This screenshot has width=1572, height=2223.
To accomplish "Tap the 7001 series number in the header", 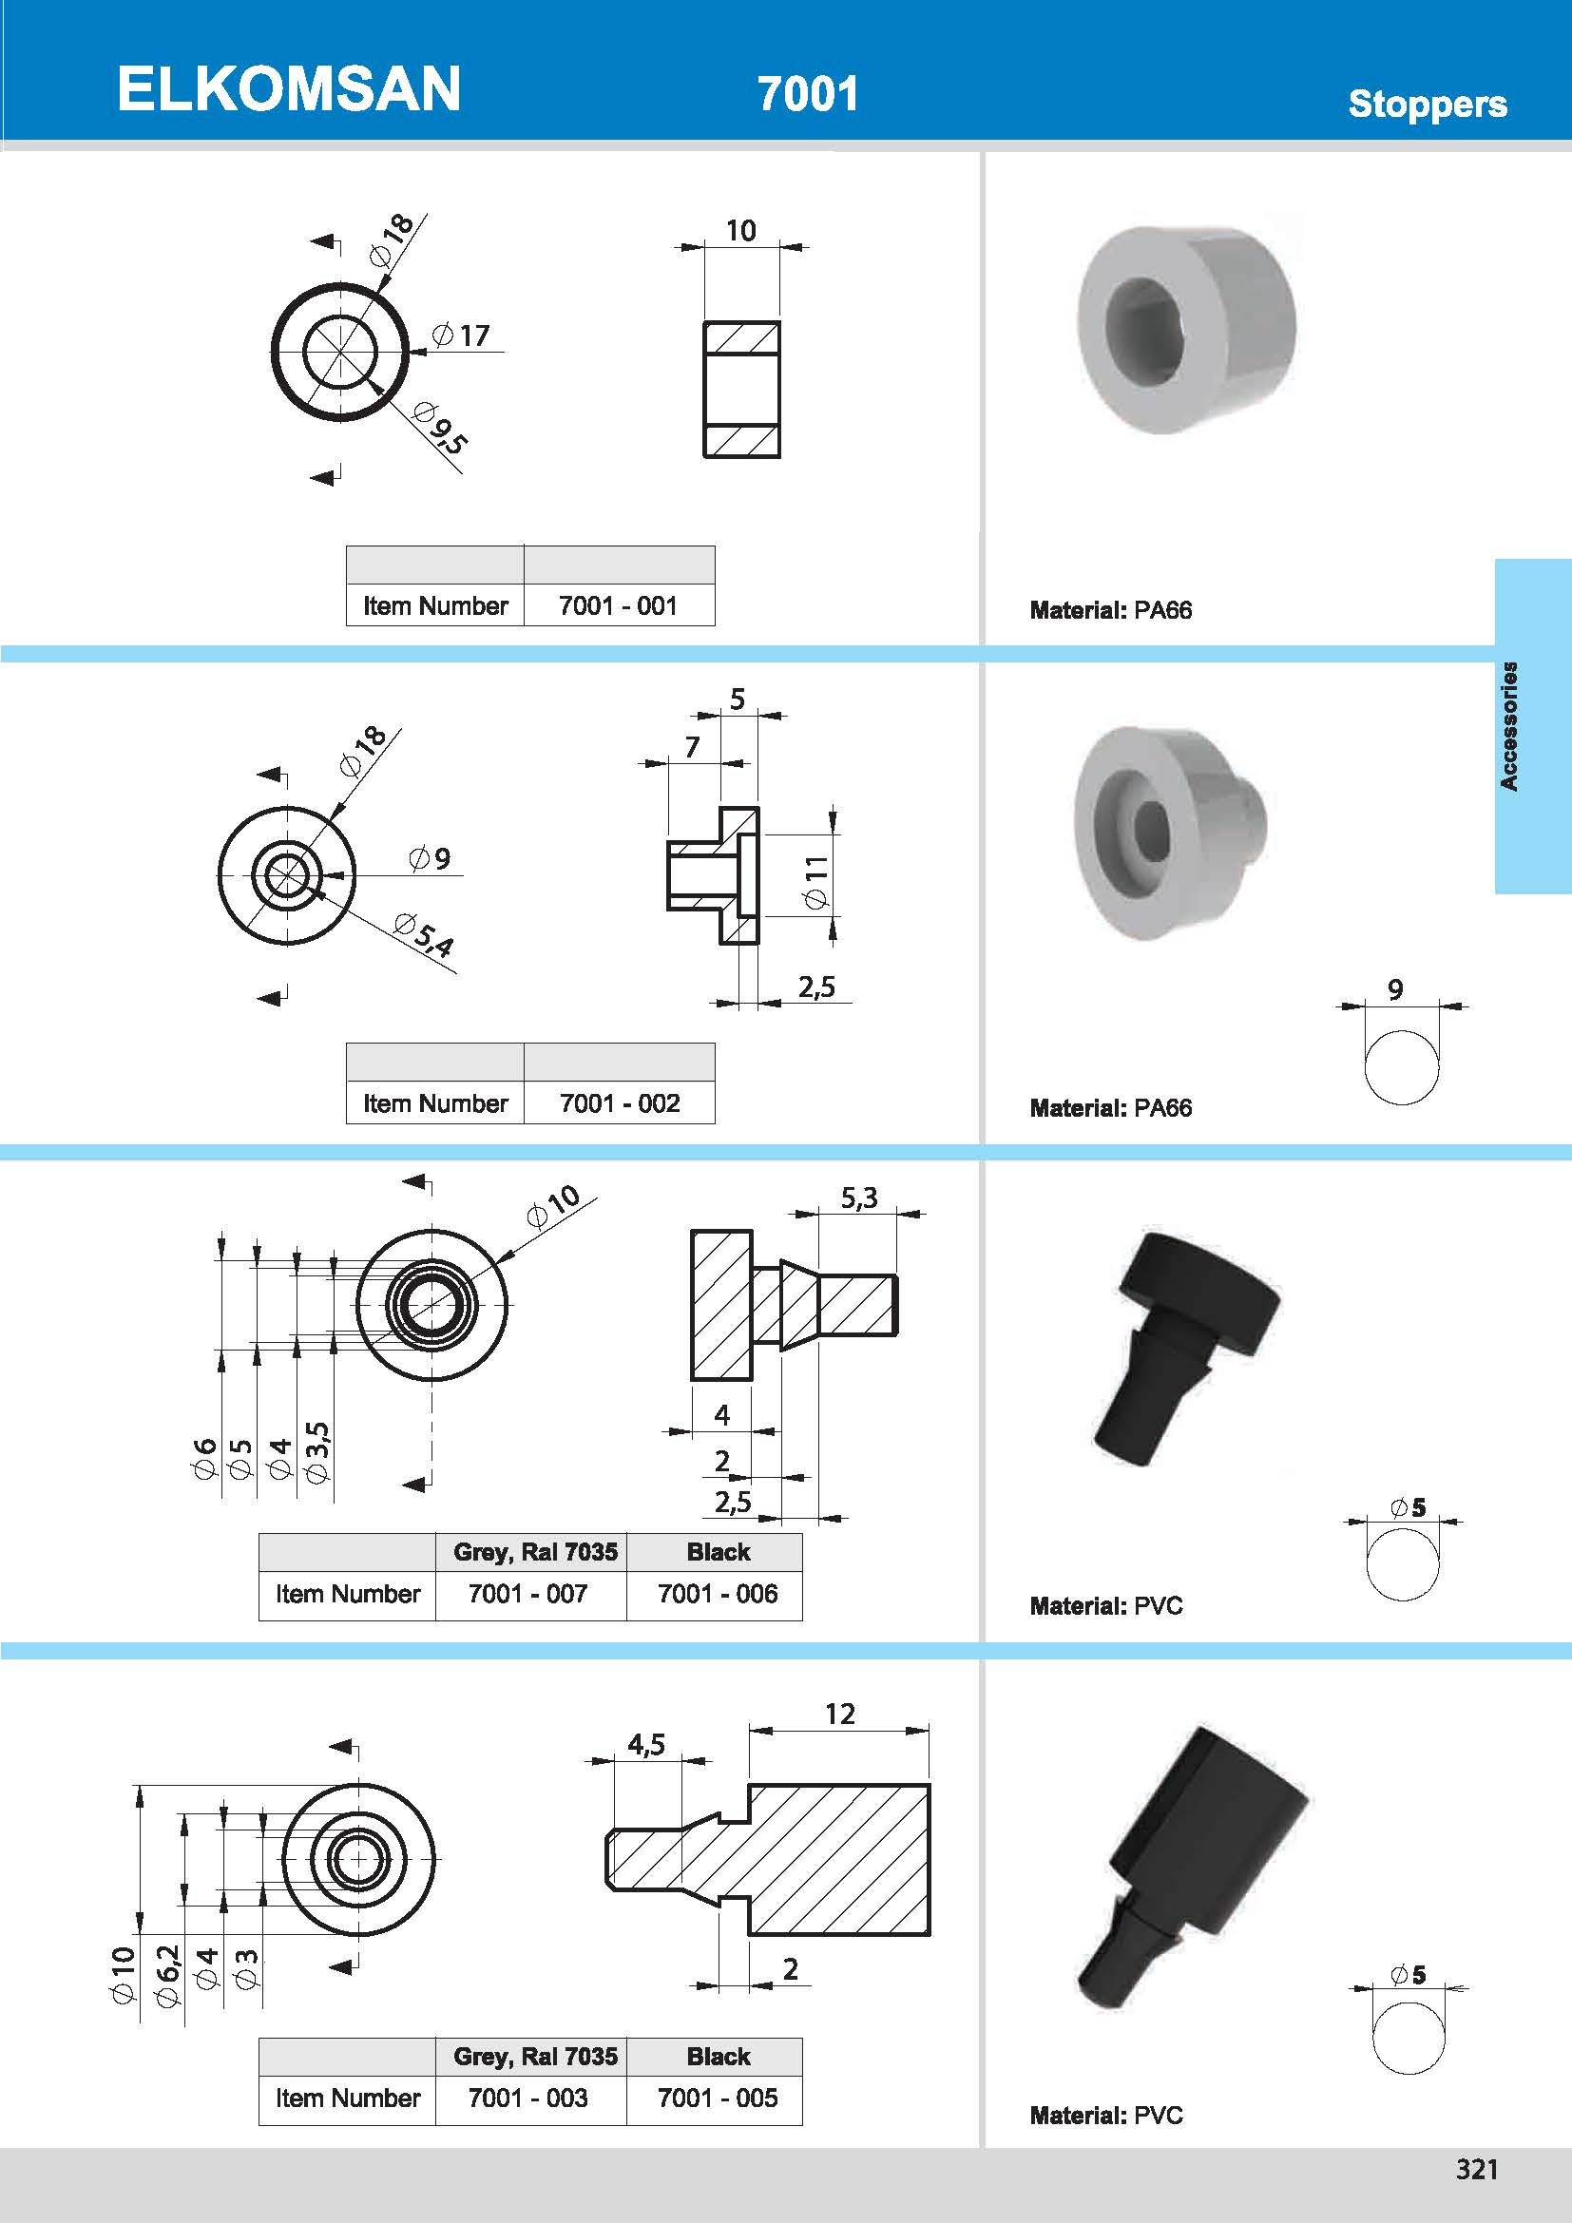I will [807, 94].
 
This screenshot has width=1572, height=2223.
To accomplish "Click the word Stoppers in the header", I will [1427, 104].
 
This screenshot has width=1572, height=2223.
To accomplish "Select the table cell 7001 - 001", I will [618, 606].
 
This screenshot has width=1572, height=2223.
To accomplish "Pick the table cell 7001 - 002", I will [620, 1103].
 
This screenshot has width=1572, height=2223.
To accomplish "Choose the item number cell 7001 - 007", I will [528, 1594].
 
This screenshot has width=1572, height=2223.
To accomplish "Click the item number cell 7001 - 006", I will [718, 1594].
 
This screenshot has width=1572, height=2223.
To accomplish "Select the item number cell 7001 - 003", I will [528, 2098].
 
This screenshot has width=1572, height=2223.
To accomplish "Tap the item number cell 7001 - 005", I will [718, 2098].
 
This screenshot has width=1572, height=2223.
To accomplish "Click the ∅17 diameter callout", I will [462, 335].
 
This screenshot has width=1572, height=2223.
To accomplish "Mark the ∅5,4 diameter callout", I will [424, 934].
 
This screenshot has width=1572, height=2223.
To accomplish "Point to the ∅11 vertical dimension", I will [816, 882].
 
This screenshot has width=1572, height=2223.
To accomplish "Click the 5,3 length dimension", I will [858, 1198].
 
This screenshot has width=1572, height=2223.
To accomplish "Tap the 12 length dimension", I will [839, 1715].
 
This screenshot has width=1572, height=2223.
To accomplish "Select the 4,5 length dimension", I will [645, 1745].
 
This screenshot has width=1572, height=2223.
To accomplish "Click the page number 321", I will [1476, 2170].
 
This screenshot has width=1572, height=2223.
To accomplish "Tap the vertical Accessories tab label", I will [1508, 726].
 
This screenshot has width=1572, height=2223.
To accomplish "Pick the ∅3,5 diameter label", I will [316, 1453].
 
